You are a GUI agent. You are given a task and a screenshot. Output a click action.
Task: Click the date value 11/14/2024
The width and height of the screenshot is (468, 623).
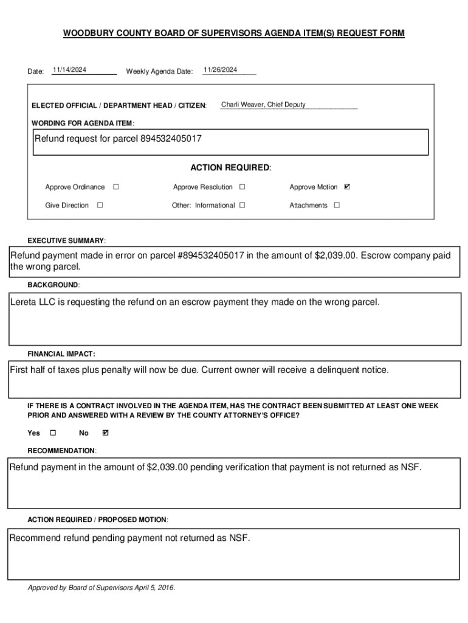click(x=69, y=70)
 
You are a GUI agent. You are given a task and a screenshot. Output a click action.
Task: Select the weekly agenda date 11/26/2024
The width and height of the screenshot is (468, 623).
click(x=220, y=70)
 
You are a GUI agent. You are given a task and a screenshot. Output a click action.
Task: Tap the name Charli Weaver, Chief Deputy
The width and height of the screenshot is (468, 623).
click(x=263, y=105)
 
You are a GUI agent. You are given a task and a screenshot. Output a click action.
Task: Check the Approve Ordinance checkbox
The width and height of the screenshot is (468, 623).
click(x=115, y=187)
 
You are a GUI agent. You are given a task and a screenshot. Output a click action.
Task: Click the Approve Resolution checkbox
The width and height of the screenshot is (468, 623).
click(x=242, y=187)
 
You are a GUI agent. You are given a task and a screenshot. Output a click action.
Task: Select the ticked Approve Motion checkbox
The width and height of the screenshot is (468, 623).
click(x=347, y=187)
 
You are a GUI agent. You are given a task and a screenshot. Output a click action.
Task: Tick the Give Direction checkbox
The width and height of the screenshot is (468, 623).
click(x=100, y=205)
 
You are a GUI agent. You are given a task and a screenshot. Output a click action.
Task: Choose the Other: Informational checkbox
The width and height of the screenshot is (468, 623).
click(x=242, y=205)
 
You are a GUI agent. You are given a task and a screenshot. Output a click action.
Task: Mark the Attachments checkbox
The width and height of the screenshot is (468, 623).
click(x=337, y=205)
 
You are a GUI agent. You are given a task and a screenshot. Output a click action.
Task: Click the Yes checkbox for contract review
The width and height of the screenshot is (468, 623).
click(x=52, y=433)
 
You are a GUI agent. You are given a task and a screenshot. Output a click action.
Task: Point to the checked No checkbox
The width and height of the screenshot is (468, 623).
click(x=106, y=433)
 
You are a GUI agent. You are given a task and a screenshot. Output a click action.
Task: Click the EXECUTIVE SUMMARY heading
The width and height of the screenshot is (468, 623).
click(x=67, y=240)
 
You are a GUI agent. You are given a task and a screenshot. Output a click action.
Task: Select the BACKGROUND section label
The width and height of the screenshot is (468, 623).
click(x=53, y=285)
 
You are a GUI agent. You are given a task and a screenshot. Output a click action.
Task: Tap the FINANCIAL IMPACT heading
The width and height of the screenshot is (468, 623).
click(x=61, y=353)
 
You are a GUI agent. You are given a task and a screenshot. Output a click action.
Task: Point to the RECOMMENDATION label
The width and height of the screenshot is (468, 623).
click(x=61, y=450)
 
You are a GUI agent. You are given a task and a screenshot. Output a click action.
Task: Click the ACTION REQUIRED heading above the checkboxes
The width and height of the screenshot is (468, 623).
click(x=230, y=167)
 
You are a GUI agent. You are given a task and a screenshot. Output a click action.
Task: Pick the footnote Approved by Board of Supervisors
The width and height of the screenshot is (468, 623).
click(x=101, y=588)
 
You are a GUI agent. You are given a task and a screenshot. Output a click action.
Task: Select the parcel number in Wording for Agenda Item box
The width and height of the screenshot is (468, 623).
click(x=171, y=139)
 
